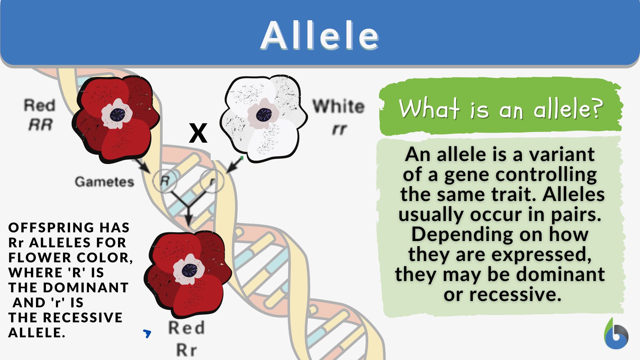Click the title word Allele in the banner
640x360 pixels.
coord(320,36)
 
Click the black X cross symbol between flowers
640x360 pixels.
coord(198,133)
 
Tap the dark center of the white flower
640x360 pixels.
coord(264,115)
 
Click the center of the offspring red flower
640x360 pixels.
coord(189,270)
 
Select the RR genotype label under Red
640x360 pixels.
coord(40,125)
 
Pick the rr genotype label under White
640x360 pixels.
coord(339,129)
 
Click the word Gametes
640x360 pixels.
coord(104,182)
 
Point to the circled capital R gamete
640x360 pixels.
coord(165,181)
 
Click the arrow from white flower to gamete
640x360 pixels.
coord(235,165)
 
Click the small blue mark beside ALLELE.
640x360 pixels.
coord(147,333)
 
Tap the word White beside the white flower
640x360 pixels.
coord(338,106)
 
